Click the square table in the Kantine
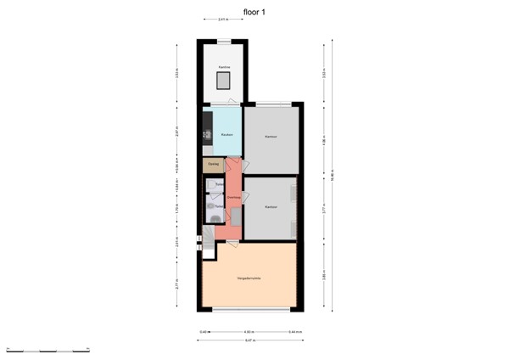[x=225, y=81]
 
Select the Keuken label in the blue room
[x=227, y=135]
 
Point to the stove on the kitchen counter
[x=206, y=134]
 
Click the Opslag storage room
[x=212, y=164]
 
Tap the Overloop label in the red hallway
[x=233, y=197]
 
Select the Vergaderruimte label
[x=249, y=278]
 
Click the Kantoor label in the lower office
[x=271, y=206]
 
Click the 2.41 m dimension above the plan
[x=222, y=19]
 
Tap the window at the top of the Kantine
[x=224, y=42]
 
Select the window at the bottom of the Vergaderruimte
[x=249, y=309]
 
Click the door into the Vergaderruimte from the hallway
[x=231, y=244]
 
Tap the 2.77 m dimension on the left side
[x=176, y=284]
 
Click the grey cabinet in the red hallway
[x=238, y=221]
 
